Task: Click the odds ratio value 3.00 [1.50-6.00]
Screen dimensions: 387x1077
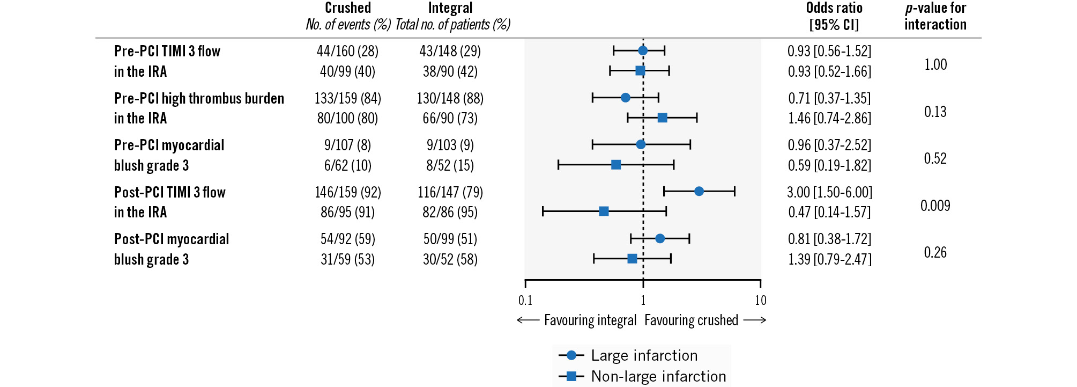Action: click(x=829, y=192)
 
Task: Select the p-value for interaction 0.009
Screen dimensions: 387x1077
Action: click(x=935, y=206)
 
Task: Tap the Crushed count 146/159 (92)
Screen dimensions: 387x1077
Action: click(x=347, y=192)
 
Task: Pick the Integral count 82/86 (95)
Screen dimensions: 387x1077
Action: click(x=450, y=212)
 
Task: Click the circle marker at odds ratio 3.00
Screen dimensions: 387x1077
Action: click(x=699, y=191)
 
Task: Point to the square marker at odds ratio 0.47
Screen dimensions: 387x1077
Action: click(x=604, y=211)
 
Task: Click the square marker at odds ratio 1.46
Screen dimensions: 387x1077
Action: click(x=663, y=118)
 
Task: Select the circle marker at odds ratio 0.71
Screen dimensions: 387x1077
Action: click(x=625, y=98)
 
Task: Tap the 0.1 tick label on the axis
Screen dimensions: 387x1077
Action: click(x=525, y=301)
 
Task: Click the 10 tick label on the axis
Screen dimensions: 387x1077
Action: click(x=760, y=301)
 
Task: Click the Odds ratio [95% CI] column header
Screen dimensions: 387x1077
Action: click(x=834, y=16)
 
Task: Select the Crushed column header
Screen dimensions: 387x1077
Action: click(x=348, y=8)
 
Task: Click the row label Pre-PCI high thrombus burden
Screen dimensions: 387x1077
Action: click(x=199, y=98)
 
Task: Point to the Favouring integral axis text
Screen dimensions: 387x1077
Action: click(x=590, y=320)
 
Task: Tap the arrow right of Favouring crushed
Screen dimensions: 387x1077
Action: click(x=755, y=320)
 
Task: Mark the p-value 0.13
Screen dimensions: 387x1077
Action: click(x=935, y=112)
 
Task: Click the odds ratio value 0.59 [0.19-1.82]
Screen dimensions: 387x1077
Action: click(x=829, y=165)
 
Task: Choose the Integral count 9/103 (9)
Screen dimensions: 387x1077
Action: click(x=450, y=145)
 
